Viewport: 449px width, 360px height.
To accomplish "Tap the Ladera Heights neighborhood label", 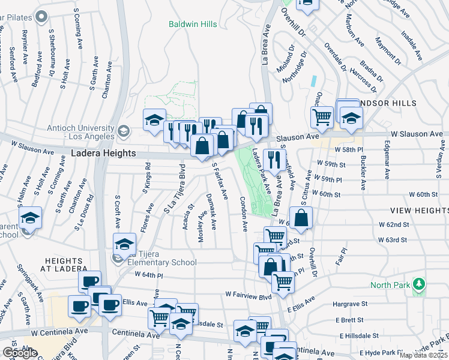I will [x=103, y=154].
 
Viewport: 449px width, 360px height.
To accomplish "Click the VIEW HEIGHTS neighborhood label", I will [x=419, y=211].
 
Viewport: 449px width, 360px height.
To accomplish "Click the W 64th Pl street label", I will [x=149, y=275].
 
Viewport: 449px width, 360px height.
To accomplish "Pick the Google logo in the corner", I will [x=20, y=352].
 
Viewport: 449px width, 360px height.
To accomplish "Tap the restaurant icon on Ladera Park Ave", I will [x=273, y=159].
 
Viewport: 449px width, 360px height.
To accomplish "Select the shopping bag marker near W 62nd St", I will [x=301, y=217].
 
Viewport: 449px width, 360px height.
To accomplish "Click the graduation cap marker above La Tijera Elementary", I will [x=124, y=244].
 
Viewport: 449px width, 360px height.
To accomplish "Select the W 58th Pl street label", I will [x=349, y=149].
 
